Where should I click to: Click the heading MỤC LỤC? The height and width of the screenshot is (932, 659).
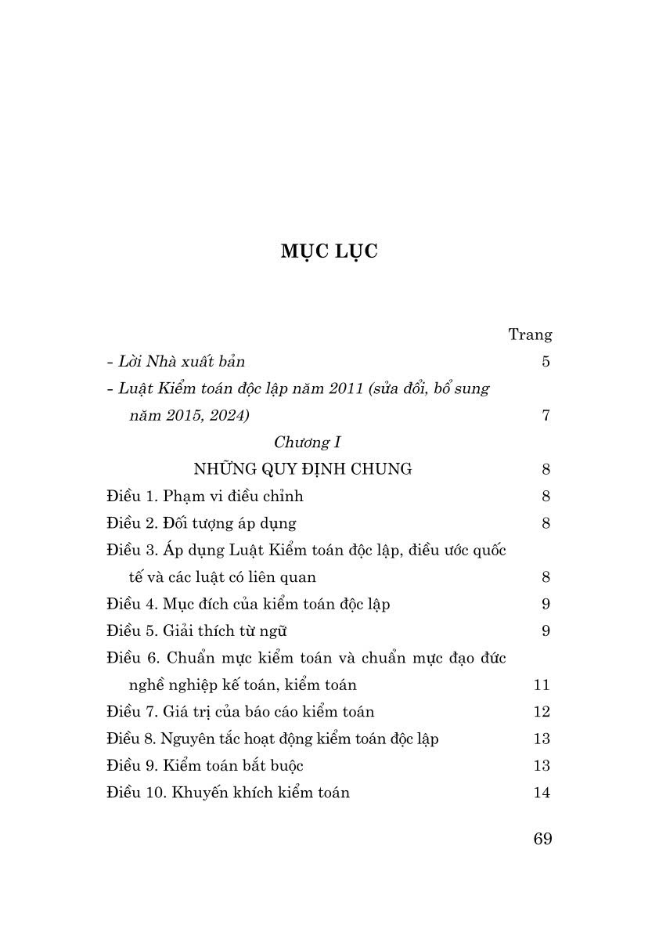pyautogui.click(x=329, y=251)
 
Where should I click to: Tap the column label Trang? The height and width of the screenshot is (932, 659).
pyautogui.click(x=530, y=334)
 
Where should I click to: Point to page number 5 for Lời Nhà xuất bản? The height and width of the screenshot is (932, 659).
pyautogui.click(x=546, y=361)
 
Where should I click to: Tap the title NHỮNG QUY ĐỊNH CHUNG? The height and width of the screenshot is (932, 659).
pyautogui.click(x=302, y=469)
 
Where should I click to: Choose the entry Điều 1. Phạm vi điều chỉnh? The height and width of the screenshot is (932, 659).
pyautogui.click(x=204, y=496)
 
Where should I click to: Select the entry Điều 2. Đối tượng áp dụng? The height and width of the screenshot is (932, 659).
pyautogui.click(x=201, y=523)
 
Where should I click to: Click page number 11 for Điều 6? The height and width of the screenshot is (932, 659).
pyautogui.click(x=542, y=685)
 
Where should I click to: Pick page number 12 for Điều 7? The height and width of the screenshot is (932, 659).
pyautogui.click(x=542, y=711)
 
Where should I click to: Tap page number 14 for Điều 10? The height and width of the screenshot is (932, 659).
pyautogui.click(x=542, y=792)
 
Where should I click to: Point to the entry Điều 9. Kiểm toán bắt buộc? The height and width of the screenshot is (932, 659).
pyautogui.click(x=204, y=765)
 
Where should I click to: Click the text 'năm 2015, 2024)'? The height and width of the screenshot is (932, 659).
pyautogui.click(x=189, y=415)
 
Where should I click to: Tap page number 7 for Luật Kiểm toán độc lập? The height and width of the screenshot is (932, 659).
pyautogui.click(x=546, y=415)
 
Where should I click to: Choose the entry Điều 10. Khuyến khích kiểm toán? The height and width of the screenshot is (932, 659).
pyautogui.click(x=228, y=792)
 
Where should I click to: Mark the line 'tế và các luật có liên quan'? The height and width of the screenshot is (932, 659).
pyautogui.click(x=222, y=577)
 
